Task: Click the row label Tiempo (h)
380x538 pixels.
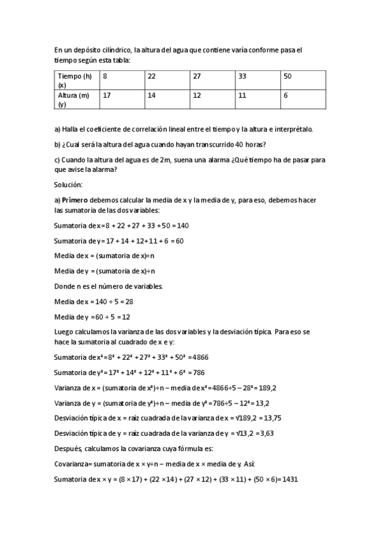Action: click(75, 76)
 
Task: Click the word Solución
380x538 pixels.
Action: click(69, 185)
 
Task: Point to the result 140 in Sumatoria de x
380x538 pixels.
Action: click(183, 225)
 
